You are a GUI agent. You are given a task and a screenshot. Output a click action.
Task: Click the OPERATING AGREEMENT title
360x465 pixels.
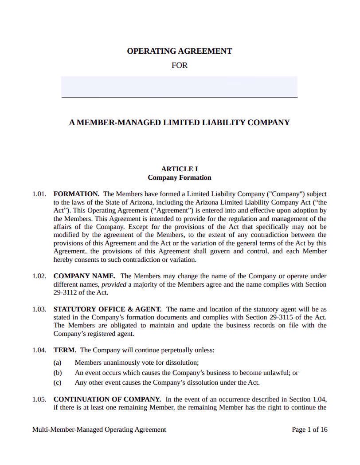click(x=180, y=51)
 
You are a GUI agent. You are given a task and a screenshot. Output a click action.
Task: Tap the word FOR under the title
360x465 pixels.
click(x=180, y=65)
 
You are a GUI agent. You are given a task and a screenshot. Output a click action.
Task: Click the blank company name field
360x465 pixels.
click(x=180, y=86)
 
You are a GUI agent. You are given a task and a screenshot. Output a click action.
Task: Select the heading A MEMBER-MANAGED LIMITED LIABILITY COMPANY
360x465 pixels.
click(x=180, y=122)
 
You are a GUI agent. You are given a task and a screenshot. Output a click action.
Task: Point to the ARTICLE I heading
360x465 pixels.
click(x=180, y=169)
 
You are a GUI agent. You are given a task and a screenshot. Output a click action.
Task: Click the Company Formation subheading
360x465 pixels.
click(x=180, y=177)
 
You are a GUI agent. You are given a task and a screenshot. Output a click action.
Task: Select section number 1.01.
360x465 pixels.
click(x=39, y=194)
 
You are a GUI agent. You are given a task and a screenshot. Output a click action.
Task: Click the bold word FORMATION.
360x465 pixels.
click(x=76, y=194)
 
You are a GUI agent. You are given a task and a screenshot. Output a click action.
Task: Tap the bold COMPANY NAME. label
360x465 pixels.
click(x=84, y=276)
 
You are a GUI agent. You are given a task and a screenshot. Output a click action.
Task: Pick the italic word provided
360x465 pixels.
click(x=114, y=284)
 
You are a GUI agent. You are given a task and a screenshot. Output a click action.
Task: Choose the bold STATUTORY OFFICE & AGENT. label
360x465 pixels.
click(x=107, y=309)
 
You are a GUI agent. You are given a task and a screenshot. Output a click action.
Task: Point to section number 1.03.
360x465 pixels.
click(x=39, y=309)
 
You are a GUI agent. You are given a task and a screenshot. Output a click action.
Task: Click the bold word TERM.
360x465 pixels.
click(x=65, y=350)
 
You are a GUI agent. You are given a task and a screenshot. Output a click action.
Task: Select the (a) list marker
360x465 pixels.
click(x=58, y=362)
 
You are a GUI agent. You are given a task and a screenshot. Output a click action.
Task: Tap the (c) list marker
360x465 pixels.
click(x=58, y=382)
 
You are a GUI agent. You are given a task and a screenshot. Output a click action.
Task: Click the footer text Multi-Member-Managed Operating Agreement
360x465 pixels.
click(x=99, y=430)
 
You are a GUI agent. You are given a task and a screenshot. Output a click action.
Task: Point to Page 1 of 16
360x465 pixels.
click(x=309, y=430)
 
